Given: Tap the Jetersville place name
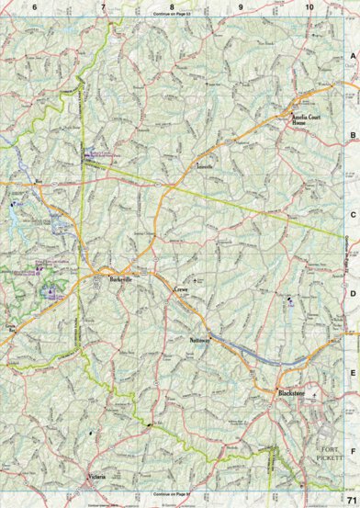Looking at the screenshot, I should pyautogui.click(x=204, y=167).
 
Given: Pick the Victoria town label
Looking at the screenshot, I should pyautogui.click(x=98, y=478).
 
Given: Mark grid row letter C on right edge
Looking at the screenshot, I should pyautogui.click(x=352, y=216).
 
